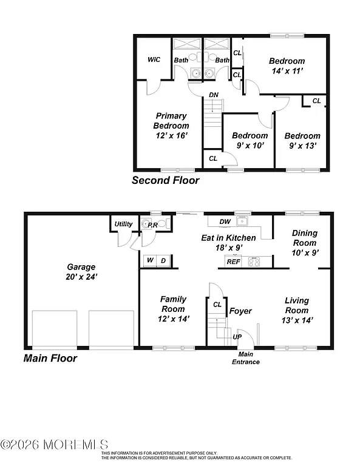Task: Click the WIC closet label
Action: tap(154, 59)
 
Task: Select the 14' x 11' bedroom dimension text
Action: tap(287, 71)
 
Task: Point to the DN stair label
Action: tap(214, 95)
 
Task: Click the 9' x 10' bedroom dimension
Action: tap(250, 146)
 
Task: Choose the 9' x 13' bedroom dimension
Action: tap(302, 146)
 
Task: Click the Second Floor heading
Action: tap(166, 180)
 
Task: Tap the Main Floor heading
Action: tap(50, 358)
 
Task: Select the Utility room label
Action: tap(124, 224)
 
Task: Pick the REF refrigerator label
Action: tap(233, 262)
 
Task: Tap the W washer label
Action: tap(149, 261)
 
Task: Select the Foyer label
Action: tap(240, 311)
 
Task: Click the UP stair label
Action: tap(237, 336)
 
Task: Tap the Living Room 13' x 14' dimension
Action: tap(297, 320)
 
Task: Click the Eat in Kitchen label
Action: tap(228, 238)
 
